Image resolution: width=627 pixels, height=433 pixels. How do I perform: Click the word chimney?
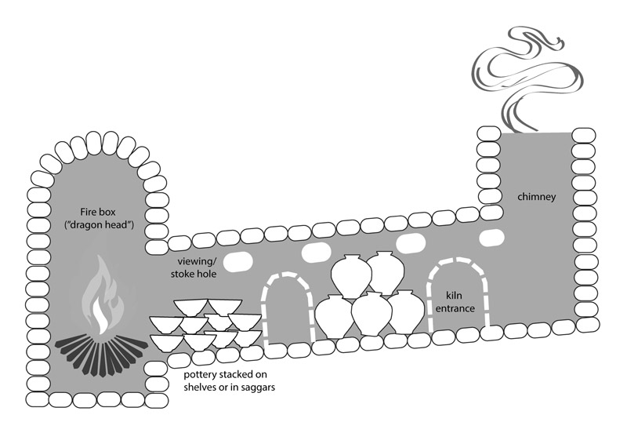tap(536, 197)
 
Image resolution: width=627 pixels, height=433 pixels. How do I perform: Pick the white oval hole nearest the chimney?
tap(492, 236)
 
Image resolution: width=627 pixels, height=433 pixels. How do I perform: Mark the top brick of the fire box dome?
tap(94, 141)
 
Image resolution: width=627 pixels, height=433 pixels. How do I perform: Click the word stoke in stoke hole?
tap(183, 275)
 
